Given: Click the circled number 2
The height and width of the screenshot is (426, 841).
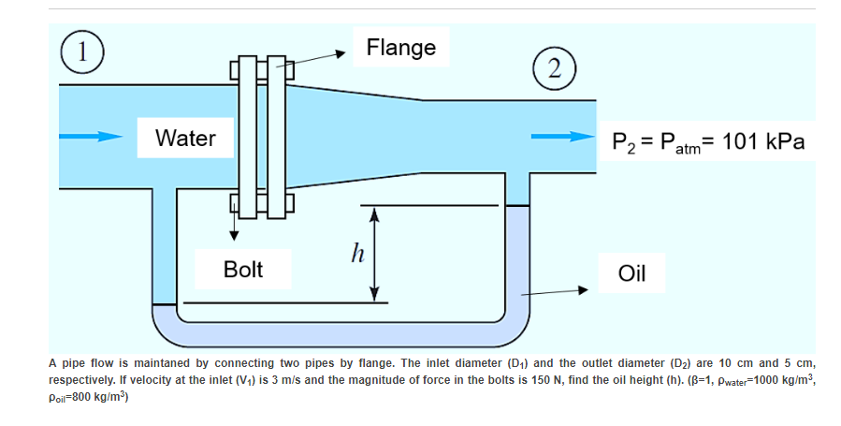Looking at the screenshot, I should tap(555, 67).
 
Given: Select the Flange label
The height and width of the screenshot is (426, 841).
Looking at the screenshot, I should tap(400, 47).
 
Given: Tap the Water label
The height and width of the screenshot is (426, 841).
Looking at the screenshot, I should tap(185, 139).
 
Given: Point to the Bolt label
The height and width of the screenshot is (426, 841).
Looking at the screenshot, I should tap(243, 270).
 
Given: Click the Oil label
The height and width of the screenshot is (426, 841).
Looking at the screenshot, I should tap(632, 273).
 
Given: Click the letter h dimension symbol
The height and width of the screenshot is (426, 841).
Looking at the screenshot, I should tap(355, 253).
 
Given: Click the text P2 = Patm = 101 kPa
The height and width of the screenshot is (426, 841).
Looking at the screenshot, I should tap(707, 141).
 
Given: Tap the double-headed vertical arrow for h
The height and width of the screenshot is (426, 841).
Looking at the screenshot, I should tap(375, 254).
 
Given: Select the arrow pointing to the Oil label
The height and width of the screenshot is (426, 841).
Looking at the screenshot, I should tap(558, 291).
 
